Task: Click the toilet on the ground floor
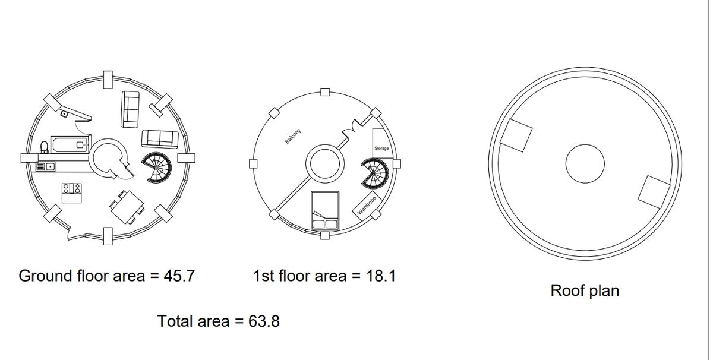pyautogui.click(x=44, y=147)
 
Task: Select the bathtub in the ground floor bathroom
pyautogui.click(x=70, y=145)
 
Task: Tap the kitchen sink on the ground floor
pyautogui.click(x=46, y=166)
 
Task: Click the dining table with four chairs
pyautogui.click(x=127, y=207)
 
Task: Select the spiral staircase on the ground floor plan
pyautogui.click(x=156, y=168)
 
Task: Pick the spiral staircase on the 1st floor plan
pyautogui.click(x=375, y=173)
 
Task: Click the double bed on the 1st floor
pyautogui.click(x=325, y=211)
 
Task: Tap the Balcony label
pyautogui.click(x=292, y=136)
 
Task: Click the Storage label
pyautogui.click(x=381, y=149)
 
